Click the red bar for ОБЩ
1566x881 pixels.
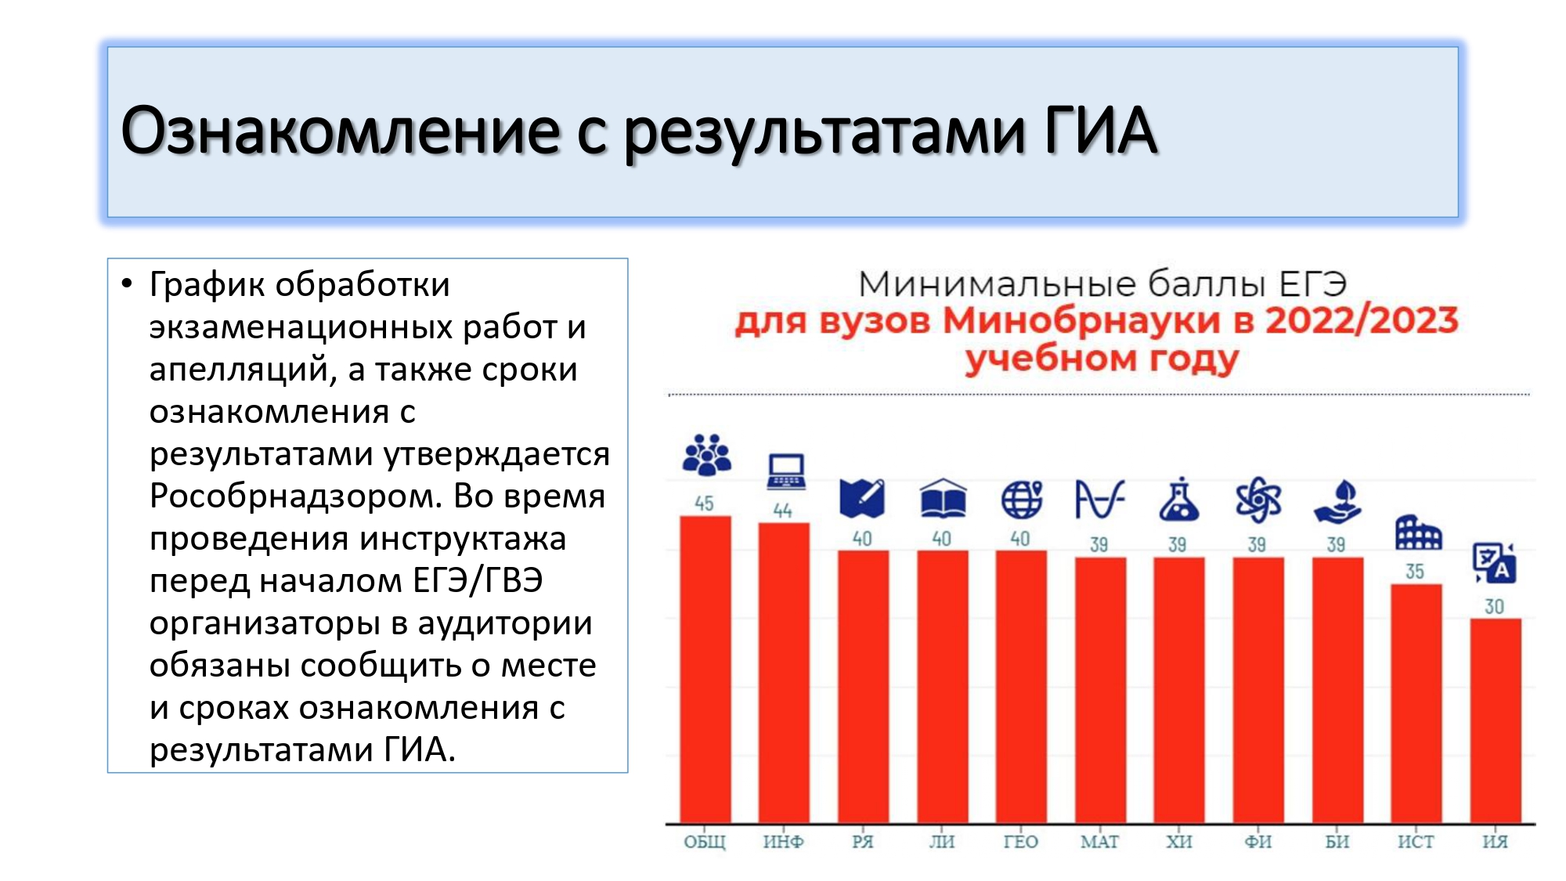(705, 670)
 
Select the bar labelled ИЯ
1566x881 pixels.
(1496, 720)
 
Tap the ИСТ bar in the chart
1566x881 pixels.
(1416, 703)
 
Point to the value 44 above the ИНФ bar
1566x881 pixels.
(783, 511)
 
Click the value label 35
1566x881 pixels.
(1415, 572)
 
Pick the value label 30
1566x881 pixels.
(1495, 607)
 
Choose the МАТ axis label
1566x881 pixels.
(1100, 842)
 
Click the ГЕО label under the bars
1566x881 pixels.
(1021, 842)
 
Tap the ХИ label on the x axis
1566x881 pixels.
(1179, 842)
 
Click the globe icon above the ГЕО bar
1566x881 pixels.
(1022, 499)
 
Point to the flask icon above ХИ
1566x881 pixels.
(1179, 500)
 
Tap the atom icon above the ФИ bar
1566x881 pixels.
(1258, 500)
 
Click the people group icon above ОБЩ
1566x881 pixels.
(707, 455)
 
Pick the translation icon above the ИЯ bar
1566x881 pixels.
(1495, 563)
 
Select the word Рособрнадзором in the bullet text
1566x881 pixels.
(296, 496)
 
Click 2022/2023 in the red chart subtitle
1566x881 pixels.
(1362, 320)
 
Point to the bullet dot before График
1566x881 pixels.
(128, 284)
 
